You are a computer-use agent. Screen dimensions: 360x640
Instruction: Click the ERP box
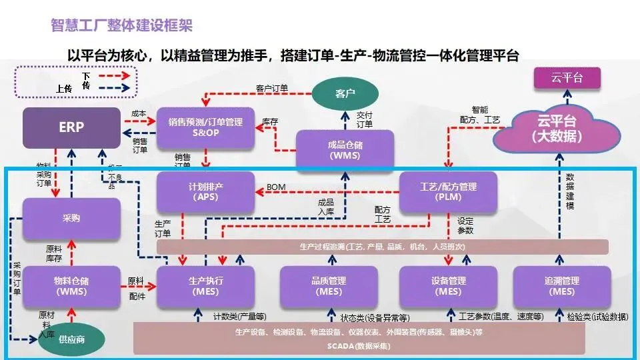pyautogui.click(x=71, y=127)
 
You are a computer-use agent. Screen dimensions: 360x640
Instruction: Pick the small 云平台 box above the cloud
pyautogui.click(x=567, y=79)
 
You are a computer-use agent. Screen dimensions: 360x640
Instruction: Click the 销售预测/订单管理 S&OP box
pyautogui.click(x=205, y=127)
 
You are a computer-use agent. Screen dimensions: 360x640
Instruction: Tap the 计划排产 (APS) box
pyautogui.click(x=205, y=192)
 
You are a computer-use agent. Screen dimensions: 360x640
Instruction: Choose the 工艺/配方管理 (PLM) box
pyautogui.click(x=447, y=192)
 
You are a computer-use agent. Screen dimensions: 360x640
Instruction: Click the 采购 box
pyautogui.click(x=71, y=218)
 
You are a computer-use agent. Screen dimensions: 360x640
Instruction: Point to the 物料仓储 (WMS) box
pyautogui.click(x=71, y=286)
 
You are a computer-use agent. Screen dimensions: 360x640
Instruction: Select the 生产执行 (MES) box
pyautogui.click(x=205, y=286)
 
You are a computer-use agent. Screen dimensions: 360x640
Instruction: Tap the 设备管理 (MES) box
pyautogui.click(x=447, y=286)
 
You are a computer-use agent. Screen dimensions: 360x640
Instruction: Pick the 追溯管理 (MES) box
pyautogui.click(x=562, y=286)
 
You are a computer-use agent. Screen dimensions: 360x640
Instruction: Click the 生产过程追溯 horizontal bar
pyautogui.click(x=383, y=247)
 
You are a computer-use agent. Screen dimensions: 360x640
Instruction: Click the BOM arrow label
pyautogui.click(x=275, y=187)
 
